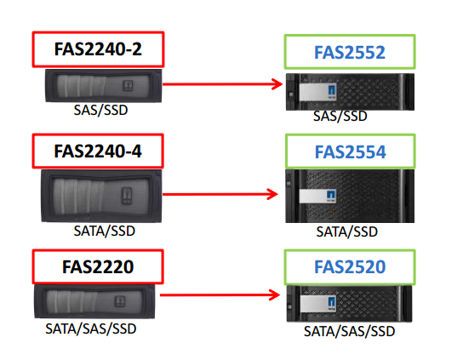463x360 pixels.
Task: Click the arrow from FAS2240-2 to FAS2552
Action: click(x=222, y=84)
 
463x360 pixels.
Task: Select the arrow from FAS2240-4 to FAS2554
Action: click(x=220, y=194)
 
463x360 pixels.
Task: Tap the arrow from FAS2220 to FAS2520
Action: click(x=220, y=294)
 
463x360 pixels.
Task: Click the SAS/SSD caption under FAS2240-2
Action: click(x=100, y=110)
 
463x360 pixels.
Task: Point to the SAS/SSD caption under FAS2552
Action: click(x=340, y=116)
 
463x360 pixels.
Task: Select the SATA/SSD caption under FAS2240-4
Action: click(x=104, y=231)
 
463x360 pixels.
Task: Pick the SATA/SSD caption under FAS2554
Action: click(x=347, y=231)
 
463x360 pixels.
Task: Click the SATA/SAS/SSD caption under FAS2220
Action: click(x=91, y=329)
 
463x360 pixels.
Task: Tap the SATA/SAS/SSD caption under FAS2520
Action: click(x=349, y=331)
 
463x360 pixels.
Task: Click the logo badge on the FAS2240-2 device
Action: click(x=128, y=85)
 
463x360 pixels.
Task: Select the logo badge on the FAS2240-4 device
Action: click(x=127, y=196)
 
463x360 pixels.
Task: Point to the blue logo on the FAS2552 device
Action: click(x=332, y=92)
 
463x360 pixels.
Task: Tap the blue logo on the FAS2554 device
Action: click(x=331, y=196)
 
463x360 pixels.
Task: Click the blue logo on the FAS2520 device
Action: click(x=332, y=304)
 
